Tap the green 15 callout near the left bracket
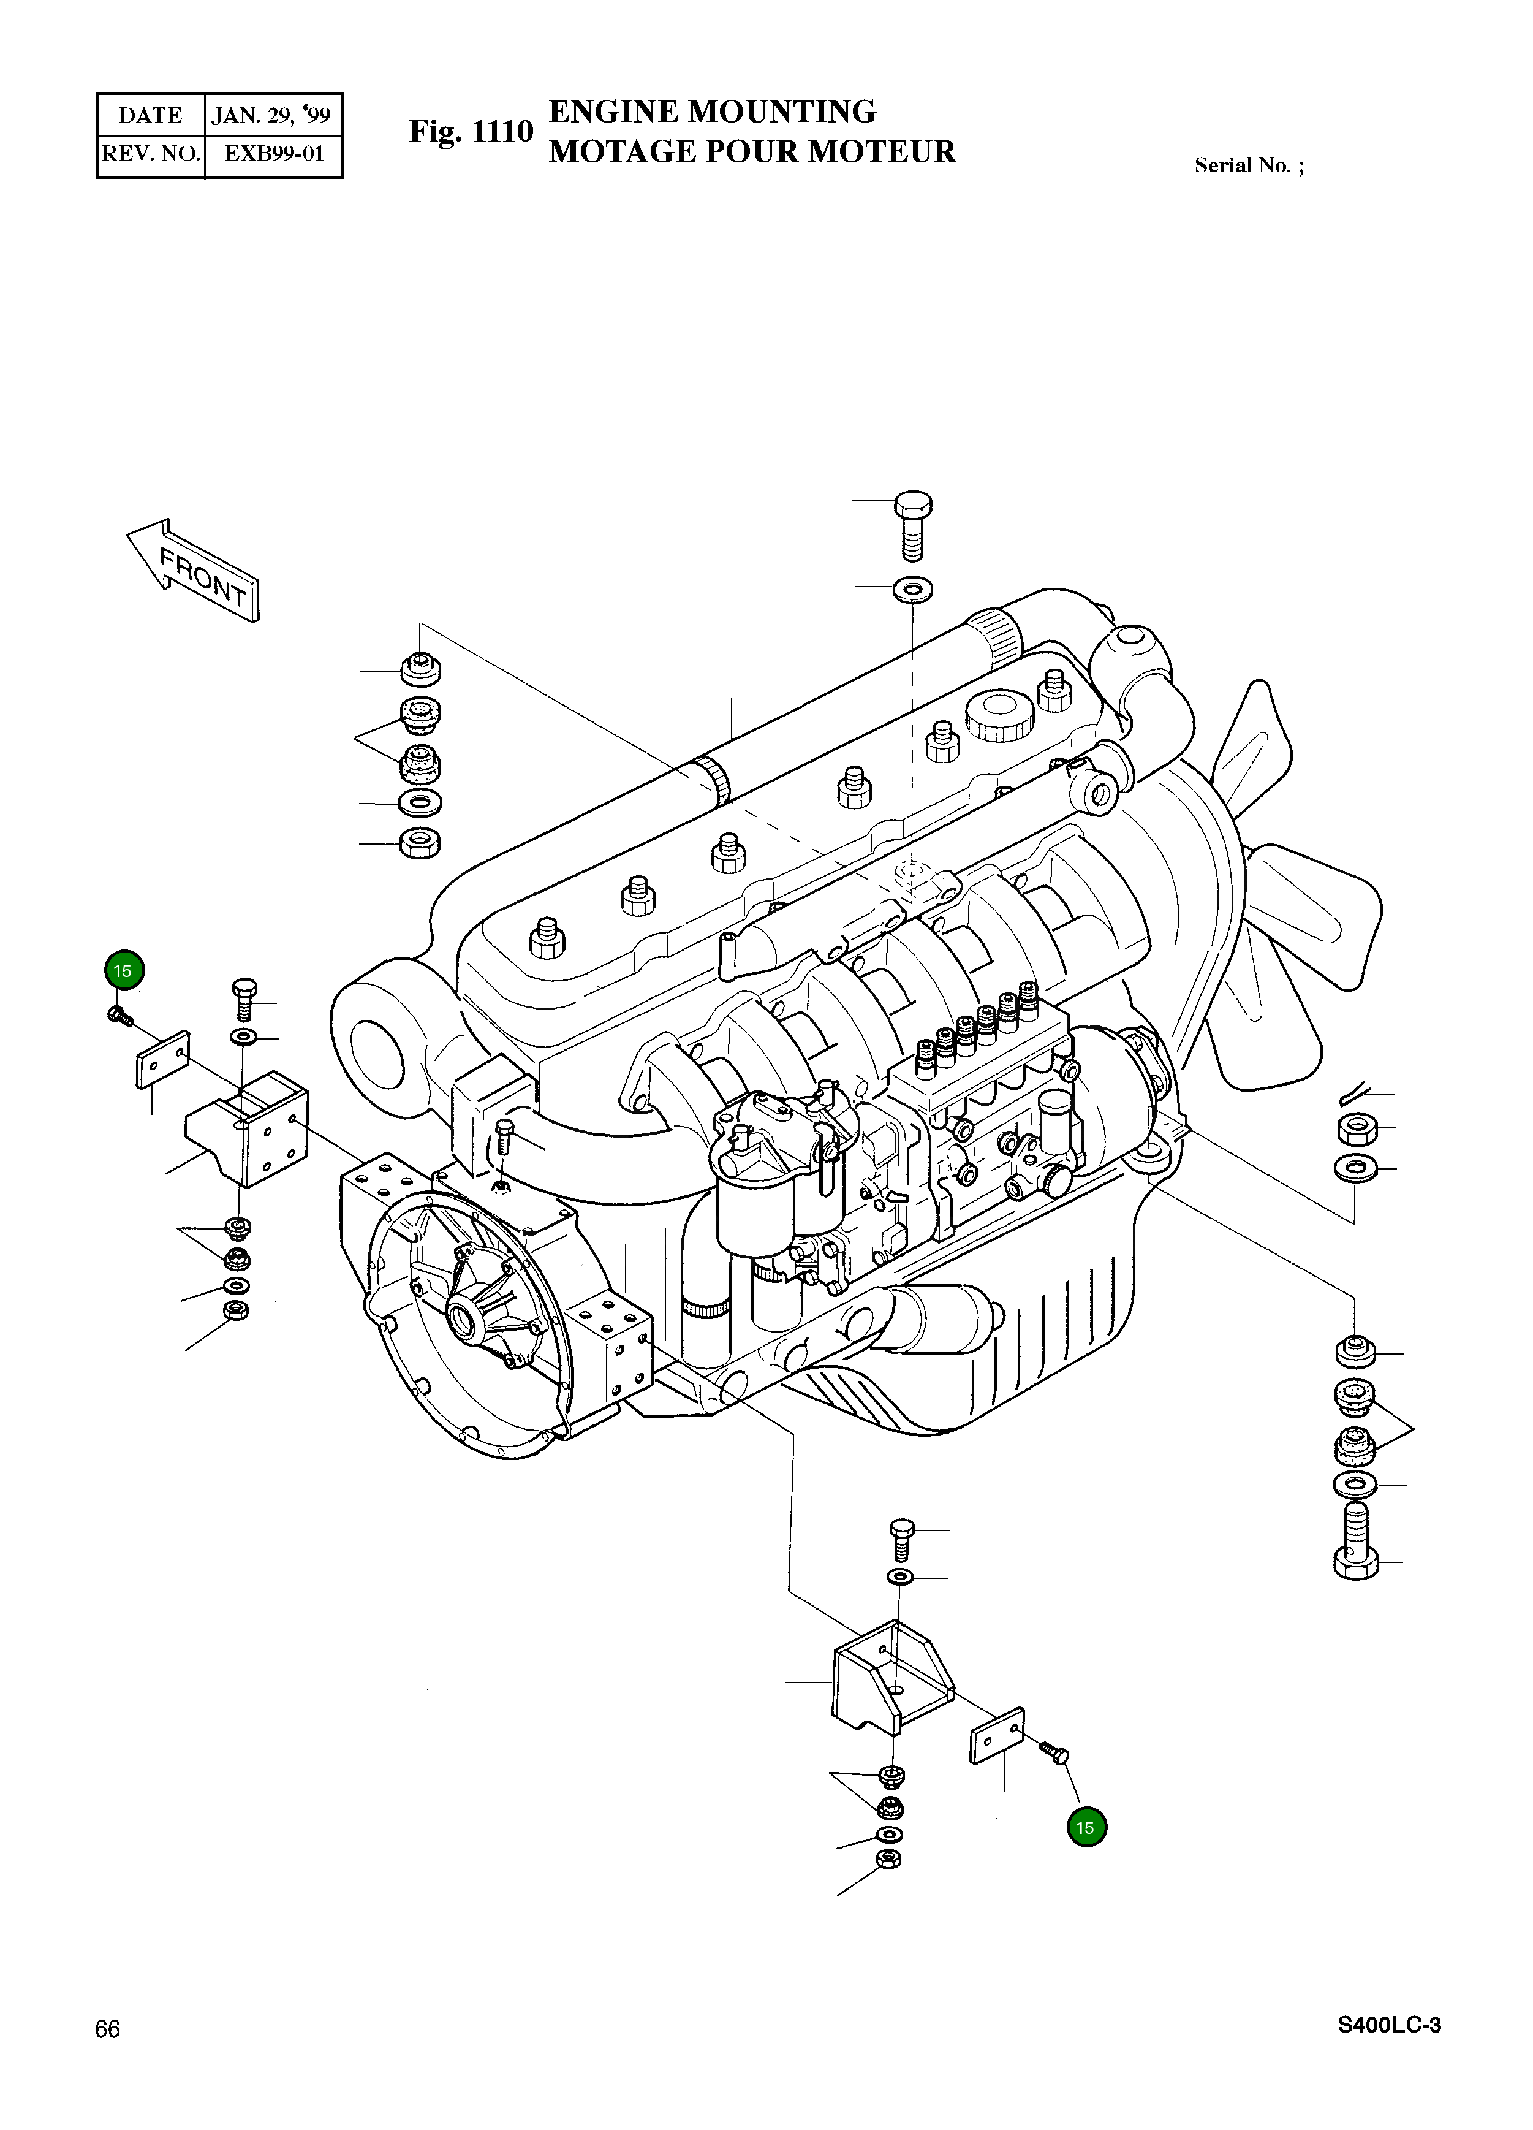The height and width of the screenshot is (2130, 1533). [x=123, y=971]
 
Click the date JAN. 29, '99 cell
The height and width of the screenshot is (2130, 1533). [x=271, y=115]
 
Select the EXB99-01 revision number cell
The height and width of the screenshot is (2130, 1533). [x=273, y=154]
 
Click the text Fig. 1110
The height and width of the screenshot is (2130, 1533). [x=471, y=132]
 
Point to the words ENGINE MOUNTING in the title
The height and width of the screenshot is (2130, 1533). [x=711, y=112]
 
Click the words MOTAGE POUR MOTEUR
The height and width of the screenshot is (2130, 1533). [x=751, y=151]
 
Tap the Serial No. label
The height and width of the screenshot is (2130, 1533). [x=1247, y=165]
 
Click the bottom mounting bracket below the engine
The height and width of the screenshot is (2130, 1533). [x=892, y=1677]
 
